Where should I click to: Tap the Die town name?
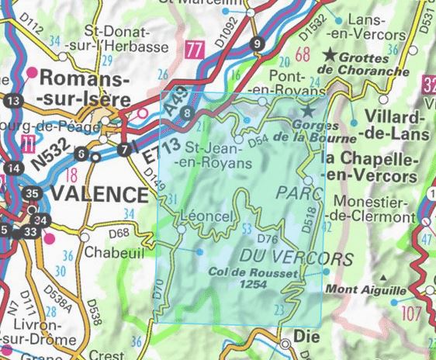pyautogui.click(x=300, y=338)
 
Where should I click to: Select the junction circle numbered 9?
pyautogui.click(x=258, y=43)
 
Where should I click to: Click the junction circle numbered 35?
pyautogui.click(x=32, y=194)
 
